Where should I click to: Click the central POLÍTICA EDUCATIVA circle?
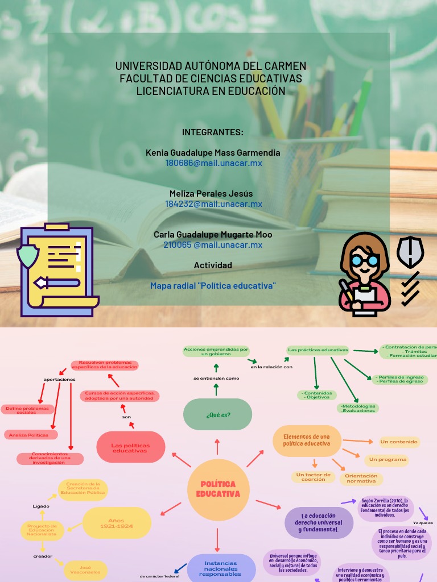coord(218,489)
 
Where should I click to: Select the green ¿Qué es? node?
coord(217,414)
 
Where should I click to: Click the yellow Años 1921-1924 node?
coord(117,523)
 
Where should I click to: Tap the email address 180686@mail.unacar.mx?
coord(213,163)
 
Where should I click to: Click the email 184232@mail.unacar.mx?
coord(213,204)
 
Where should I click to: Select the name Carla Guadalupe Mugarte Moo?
coord(213,235)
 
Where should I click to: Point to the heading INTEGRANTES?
coord(213,132)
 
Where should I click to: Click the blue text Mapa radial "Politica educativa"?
coord(213,285)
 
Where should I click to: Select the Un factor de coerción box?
coord(314,477)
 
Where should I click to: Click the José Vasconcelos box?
coord(85,569)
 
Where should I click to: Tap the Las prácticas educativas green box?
coord(318,350)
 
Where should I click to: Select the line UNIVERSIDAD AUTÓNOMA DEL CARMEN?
coord(211,66)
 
